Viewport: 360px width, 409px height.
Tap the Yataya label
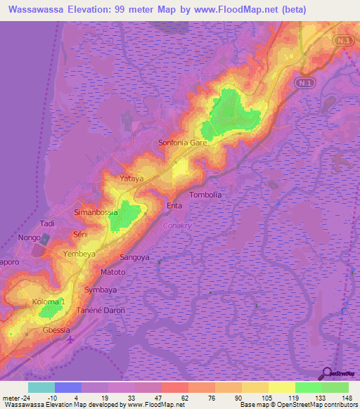click(x=131, y=178)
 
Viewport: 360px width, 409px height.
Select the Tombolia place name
click(x=206, y=195)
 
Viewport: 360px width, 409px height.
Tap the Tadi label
click(x=47, y=223)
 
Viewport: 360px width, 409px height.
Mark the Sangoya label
click(x=135, y=258)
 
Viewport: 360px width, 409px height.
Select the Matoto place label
click(x=112, y=272)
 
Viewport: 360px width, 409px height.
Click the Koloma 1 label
click(x=48, y=301)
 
